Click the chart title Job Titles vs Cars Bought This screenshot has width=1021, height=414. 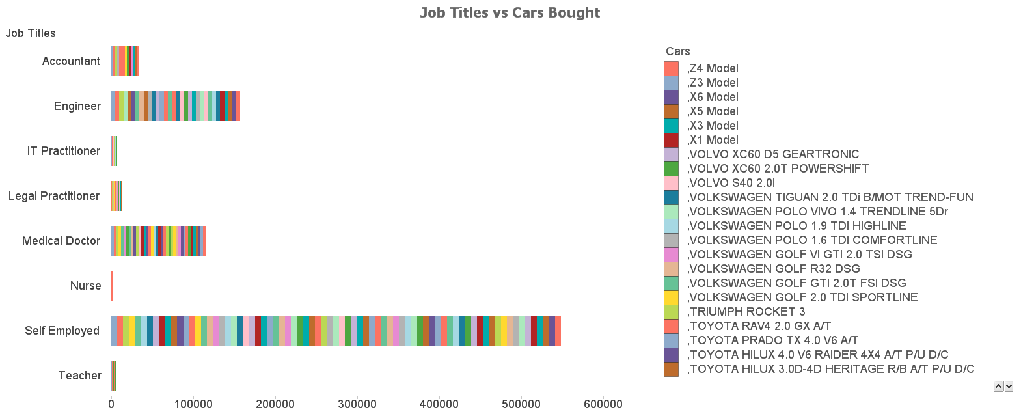510,12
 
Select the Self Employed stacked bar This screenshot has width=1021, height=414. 336,331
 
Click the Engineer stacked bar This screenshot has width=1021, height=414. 176,106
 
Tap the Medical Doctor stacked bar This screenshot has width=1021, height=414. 158,241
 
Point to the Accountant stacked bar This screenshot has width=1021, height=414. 125,61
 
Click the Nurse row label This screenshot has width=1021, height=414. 85,286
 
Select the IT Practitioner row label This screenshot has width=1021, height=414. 64,151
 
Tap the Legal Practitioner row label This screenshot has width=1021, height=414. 54,196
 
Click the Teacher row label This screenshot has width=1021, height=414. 79,376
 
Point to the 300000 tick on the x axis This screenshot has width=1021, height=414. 357,404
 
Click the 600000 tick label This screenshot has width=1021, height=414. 603,404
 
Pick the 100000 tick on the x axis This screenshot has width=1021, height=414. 193,404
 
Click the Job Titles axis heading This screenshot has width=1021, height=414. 31,33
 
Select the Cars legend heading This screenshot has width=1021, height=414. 677,51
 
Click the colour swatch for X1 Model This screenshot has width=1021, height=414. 671,140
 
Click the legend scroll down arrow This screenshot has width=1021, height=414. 1009,387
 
